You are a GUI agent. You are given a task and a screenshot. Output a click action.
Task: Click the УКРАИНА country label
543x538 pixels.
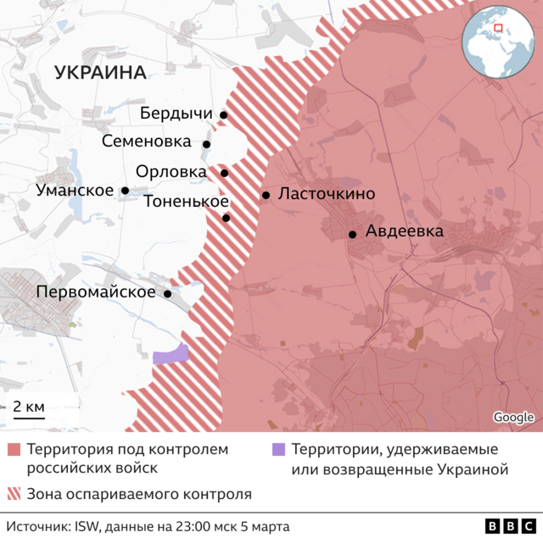100,73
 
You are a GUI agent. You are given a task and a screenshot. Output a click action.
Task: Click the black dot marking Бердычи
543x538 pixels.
223,115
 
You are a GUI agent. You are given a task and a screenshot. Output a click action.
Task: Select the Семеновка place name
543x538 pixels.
147,142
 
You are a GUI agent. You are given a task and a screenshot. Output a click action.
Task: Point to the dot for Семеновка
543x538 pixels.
206,144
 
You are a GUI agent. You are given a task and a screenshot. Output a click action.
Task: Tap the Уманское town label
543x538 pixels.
75,190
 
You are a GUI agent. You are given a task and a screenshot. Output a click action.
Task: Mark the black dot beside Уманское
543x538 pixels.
126,191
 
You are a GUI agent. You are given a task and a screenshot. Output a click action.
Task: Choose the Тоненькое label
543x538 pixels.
186,202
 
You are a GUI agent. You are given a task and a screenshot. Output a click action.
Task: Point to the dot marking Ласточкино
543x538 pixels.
266,195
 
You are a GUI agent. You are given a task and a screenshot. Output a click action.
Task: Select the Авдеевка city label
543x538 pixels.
404,230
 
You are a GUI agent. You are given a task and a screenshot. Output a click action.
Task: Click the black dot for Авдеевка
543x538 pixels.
352,234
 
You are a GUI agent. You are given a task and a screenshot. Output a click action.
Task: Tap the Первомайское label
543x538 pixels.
96,292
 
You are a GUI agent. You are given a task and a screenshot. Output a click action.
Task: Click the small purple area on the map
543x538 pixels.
171,355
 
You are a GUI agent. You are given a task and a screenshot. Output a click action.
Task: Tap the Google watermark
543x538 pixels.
513,417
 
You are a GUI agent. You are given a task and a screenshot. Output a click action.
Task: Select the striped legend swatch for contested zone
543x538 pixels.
14,493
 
